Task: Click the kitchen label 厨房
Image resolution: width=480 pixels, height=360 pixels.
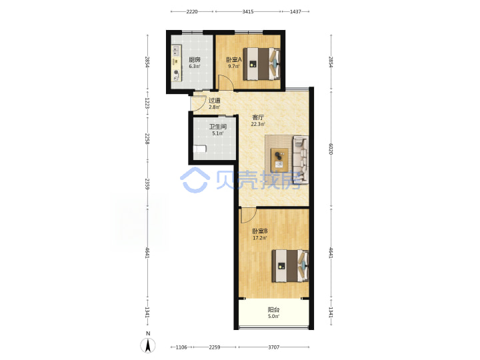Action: pyautogui.click(x=195, y=60)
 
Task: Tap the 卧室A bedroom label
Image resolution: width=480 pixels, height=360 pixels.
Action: pyautogui.click(x=234, y=59)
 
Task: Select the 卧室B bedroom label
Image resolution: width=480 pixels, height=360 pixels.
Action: pyautogui.click(x=260, y=231)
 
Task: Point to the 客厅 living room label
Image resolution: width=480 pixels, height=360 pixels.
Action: pyautogui.click(x=258, y=117)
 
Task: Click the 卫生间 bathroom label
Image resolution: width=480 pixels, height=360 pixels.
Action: pyautogui.click(x=217, y=127)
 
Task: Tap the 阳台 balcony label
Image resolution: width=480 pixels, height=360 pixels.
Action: pyautogui.click(x=273, y=310)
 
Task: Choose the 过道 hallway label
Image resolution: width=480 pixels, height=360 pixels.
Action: pyautogui.click(x=214, y=101)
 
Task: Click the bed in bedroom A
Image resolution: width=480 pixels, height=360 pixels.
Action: pyautogui.click(x=262, y=64)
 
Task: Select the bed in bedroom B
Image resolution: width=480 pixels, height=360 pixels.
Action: pyautogui.click(x=290, y=266)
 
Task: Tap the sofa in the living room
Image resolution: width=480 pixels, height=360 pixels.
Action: pyautogui.click(x=301, y=159)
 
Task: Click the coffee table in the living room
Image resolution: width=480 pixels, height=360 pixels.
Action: pyautogui.click(x=279, y=160)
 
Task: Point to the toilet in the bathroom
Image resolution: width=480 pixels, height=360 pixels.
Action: pyautogui.click(x=199, y=149)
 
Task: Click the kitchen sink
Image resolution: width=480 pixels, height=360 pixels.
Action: pyautogui.click(x=176, y=49)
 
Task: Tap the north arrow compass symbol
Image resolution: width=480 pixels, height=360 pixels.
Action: pyautogui.click(x=148, y=345)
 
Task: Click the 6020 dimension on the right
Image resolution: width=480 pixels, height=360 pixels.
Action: pyautogui.click(x=331, y=149)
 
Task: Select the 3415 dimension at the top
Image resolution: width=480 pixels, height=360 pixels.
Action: pyautogui.click(x=248, y=11)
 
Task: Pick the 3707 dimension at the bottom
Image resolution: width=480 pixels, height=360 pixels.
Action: pyautogui.click(x=274, y=347)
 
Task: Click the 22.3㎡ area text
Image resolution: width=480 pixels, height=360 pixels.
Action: pyautogui.click(x=258, y=124)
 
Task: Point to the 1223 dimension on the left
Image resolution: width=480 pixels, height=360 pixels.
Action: pyautogui.click(x=147, y=103)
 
